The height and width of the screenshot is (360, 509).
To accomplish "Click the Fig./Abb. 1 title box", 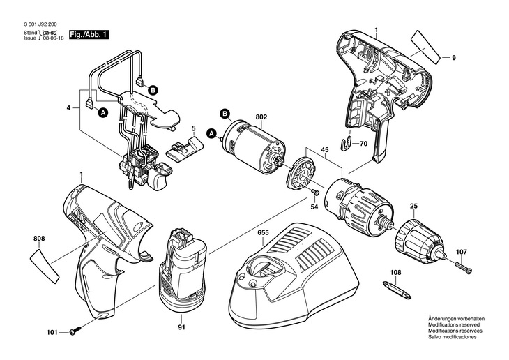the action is point(89,35).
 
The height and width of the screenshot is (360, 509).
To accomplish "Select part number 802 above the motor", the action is point(261,117).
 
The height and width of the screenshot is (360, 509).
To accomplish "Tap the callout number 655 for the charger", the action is point(264,232).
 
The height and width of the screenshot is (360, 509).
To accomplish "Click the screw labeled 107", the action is point(464,267).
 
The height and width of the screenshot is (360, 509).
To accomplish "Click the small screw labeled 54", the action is point(316,193).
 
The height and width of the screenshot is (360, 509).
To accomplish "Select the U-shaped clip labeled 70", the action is point(347,144).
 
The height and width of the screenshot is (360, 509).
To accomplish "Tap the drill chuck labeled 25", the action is point(420,238).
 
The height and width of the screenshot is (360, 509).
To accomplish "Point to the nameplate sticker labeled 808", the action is point(45,265).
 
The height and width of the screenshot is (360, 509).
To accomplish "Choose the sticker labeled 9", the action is point(425,47).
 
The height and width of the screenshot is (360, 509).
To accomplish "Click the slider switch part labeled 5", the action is point(184,149).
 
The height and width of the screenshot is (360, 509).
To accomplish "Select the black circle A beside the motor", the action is point(212,133).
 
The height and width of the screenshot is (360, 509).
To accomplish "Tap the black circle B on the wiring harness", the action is point(153,90).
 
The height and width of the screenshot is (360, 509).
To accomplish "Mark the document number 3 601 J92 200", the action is point(41,24).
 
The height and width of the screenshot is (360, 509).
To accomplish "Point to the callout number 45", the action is point(325,150).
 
